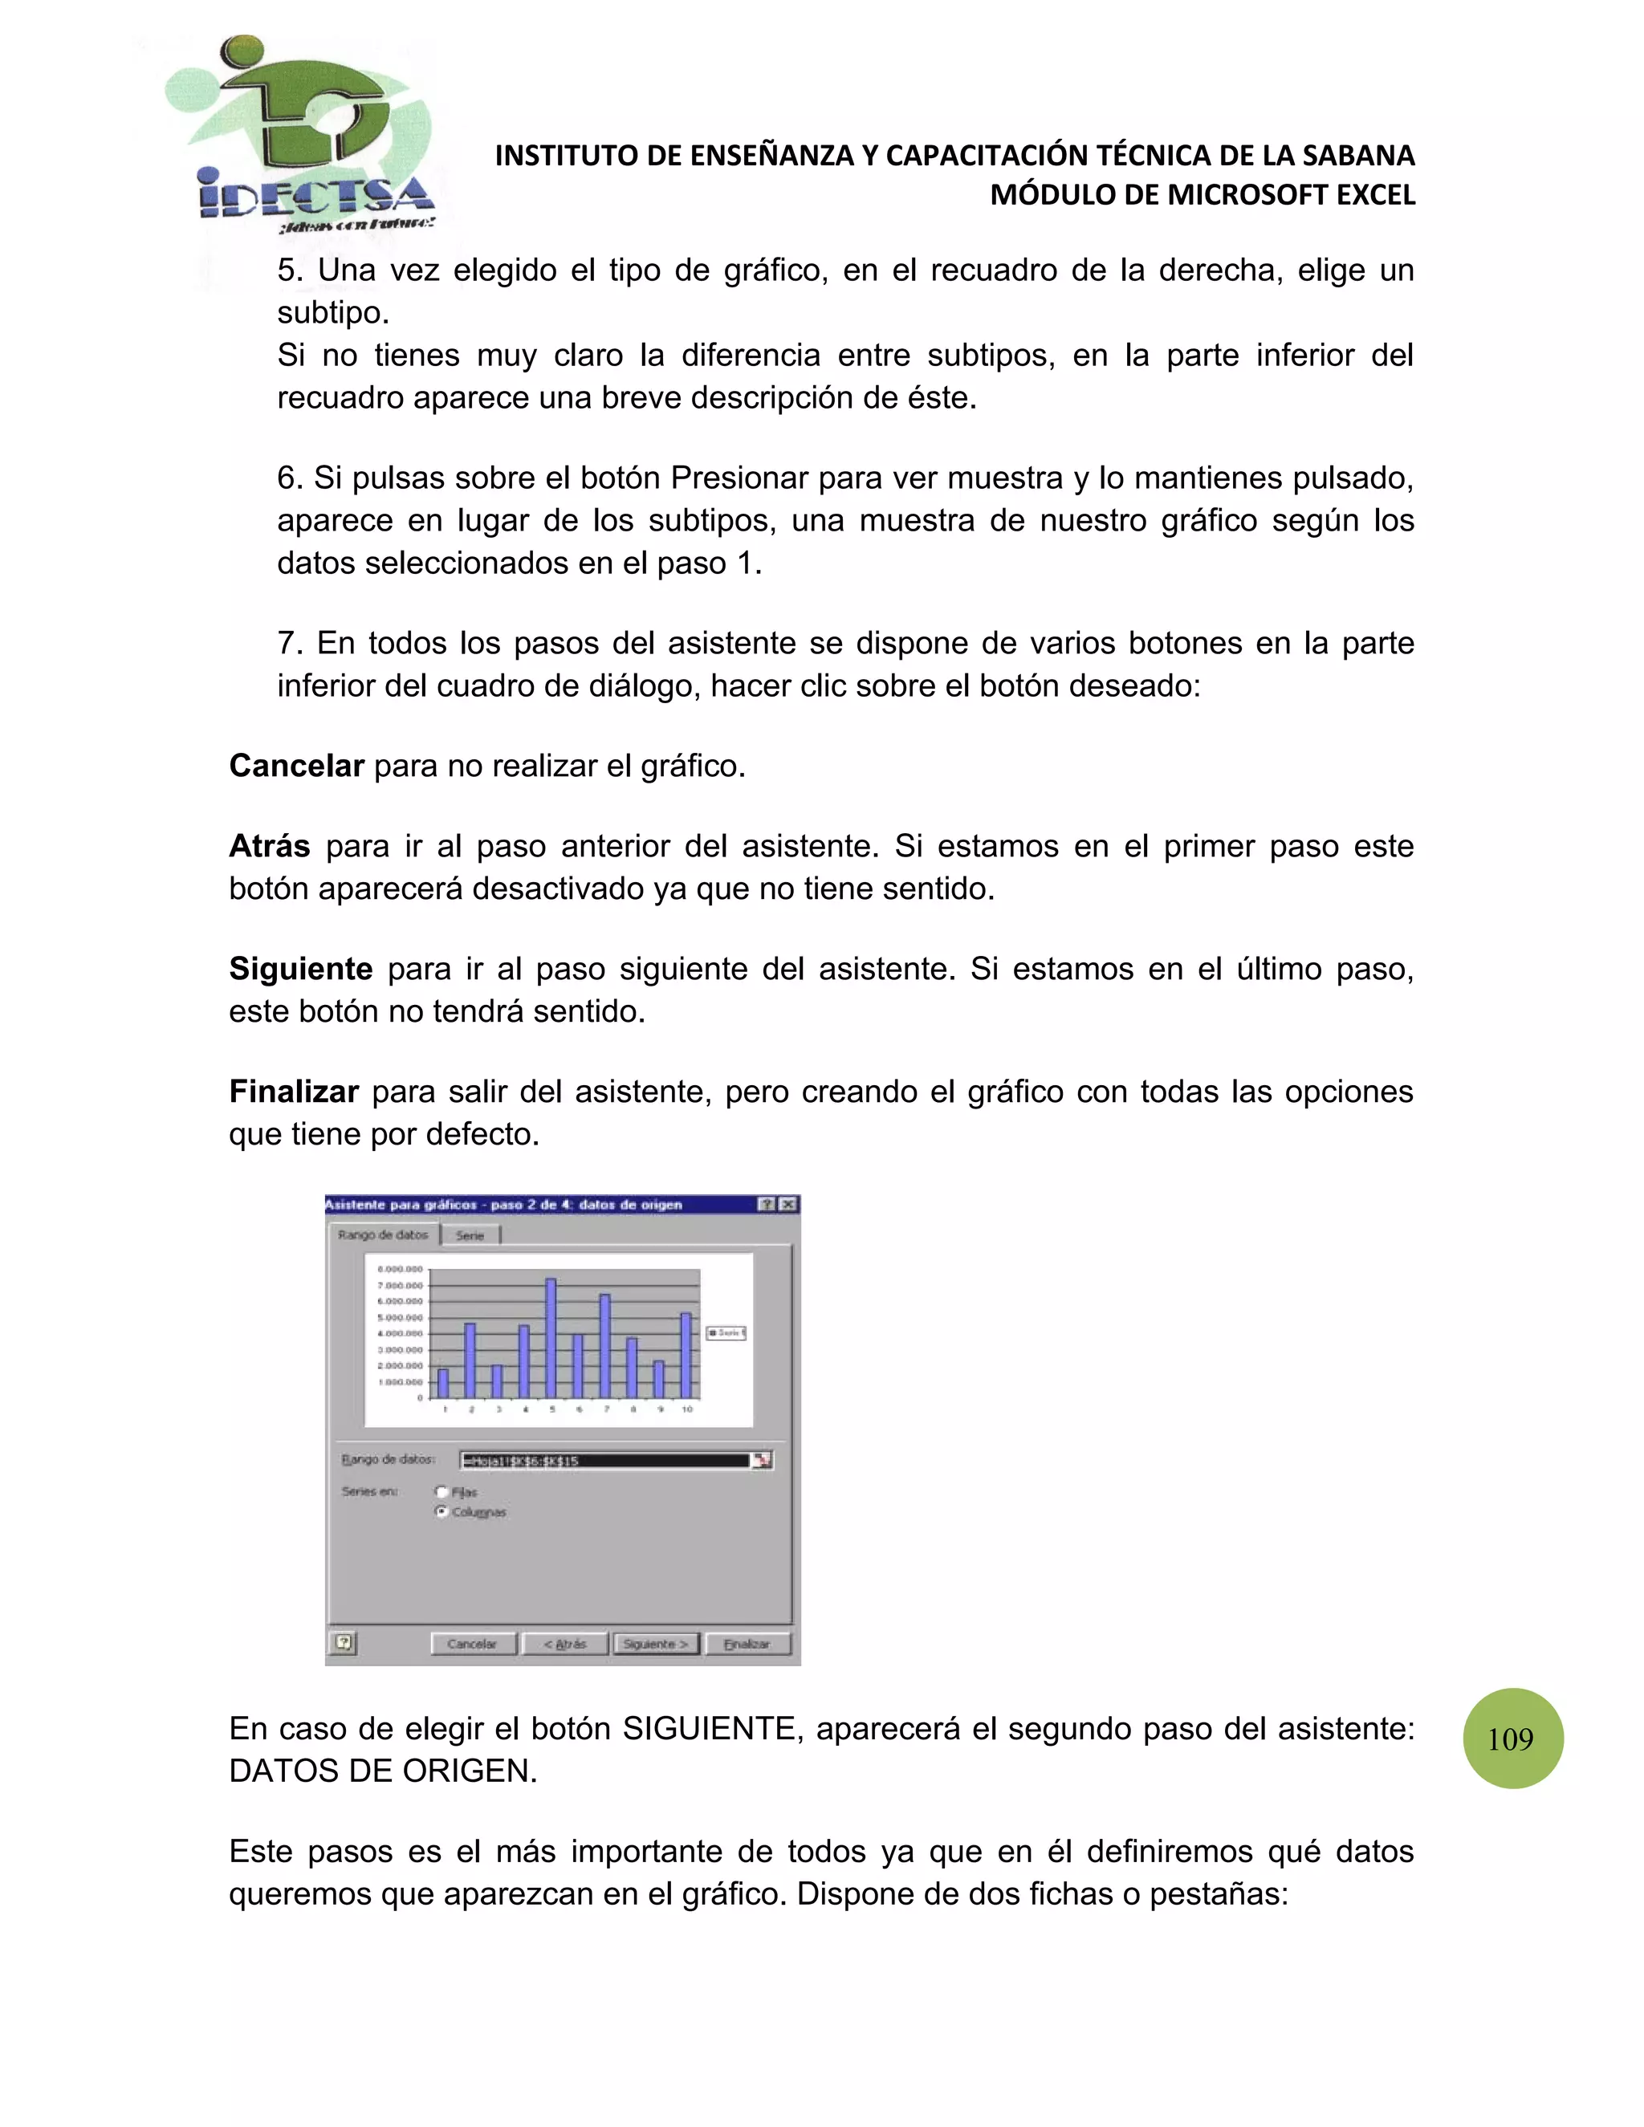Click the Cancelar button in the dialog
click(x=472, y=1644)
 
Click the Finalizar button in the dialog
click(x=747, y=1644)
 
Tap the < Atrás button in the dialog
click(x=565, y=1644)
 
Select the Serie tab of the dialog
click(x=470, y=1235)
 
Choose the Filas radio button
click(x=442, y=1492)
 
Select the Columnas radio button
click(x=442, y=1511)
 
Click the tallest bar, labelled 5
click(x=551, y=1338)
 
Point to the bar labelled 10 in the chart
click(x=686, y=1355)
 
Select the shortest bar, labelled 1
click(x=443, y=1383)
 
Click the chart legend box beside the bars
click(x=726, y=1332)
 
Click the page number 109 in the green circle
click(x=1512, y=1739)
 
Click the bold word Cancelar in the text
click(x=296, y=767)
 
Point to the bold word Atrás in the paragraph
click(x=269, y=846)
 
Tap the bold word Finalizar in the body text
click(x=293, y=1092)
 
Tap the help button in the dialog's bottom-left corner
click(x=343, y=1643)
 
